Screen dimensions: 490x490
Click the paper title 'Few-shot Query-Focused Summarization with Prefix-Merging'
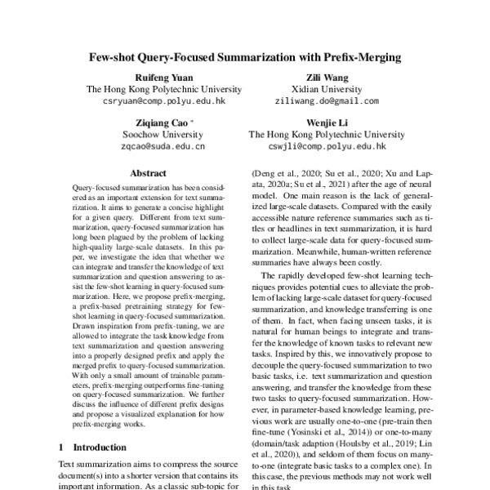(245, 58)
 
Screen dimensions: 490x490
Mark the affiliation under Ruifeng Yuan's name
(163, 89)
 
